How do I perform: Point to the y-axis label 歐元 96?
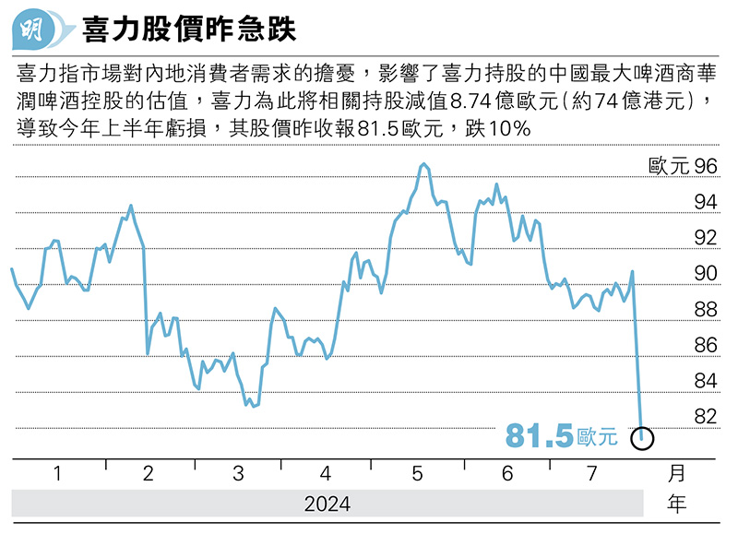point(683,167)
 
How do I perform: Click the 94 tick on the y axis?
point(705,202)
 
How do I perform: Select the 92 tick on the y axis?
point(705,238)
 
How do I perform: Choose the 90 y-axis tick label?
point(705,274)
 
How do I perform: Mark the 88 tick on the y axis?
point(705,310)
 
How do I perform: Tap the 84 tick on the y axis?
point(705,381)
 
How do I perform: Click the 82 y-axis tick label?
point(705,417)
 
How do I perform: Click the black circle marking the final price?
point(643,438)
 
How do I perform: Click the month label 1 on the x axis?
point(57,474)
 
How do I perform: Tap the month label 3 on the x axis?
point(238,474)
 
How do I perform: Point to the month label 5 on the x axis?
point(417,474)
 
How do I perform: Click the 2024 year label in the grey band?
point(327,504)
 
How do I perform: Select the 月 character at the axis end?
point(677,474)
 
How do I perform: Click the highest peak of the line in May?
point(423,164)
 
